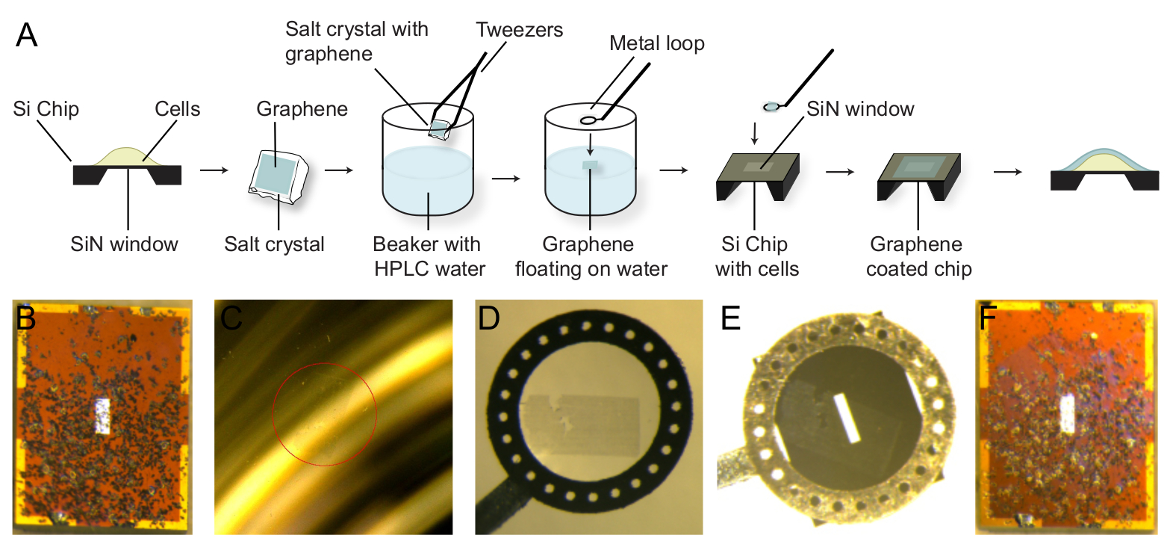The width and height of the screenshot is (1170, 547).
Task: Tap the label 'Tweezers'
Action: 519,31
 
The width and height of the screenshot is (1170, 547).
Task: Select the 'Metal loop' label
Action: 656,43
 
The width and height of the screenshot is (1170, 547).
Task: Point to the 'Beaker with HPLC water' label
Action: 427,256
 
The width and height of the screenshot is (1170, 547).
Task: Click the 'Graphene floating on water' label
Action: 589,256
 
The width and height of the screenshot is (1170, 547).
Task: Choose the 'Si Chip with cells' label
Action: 757,256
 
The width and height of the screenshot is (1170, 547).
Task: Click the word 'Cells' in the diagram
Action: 178,109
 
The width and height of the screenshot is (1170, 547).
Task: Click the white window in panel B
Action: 103,416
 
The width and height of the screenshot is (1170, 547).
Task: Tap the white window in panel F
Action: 1068,413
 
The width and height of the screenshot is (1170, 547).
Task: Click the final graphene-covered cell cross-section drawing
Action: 1104,170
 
